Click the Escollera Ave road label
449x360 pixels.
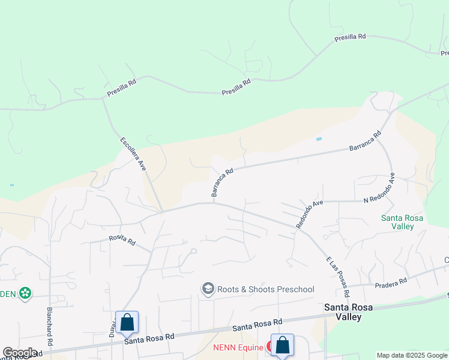coord(133,154)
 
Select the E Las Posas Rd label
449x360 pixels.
coord(337,277)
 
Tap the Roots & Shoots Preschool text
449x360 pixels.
coord(265,289)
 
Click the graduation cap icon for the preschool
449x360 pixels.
coord(208,289)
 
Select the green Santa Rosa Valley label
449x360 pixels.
coord(402,222)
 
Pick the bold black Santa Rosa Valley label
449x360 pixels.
coord(351,312)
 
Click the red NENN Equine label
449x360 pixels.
coord(238,347)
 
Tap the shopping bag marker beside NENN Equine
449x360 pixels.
coord(282,345)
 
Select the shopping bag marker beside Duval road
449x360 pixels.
coord(127,322)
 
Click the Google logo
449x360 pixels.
coord(20,353)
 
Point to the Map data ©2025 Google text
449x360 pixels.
coord(412,355)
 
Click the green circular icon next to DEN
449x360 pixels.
coord(25,293)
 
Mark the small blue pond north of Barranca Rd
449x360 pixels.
coord(319,139)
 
